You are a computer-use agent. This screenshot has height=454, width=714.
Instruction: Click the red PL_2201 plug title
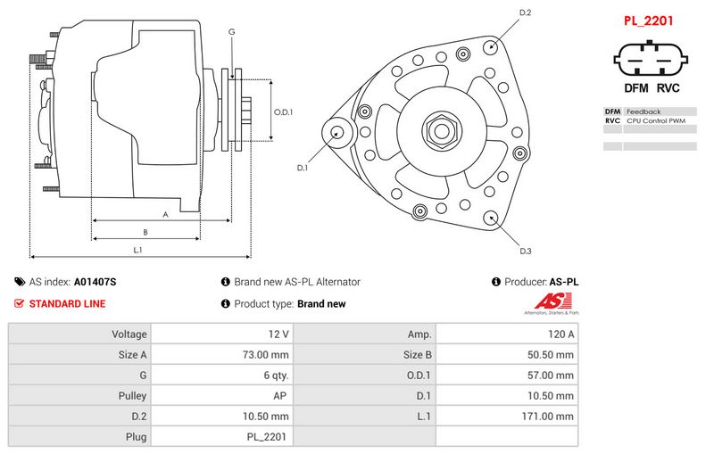coord(648,21)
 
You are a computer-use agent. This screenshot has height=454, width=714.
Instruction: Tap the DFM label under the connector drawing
coord(635,88)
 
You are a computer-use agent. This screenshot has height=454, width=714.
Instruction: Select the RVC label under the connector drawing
coord(668,88)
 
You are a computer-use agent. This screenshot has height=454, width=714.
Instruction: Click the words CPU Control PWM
coord(656,120)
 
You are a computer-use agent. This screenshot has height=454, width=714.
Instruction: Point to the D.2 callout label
coord(525,12)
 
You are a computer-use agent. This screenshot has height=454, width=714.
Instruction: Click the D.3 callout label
coord(525,251)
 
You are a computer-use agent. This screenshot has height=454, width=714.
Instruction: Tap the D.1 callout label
coord(303,168)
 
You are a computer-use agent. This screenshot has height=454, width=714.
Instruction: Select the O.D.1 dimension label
coord(283,111)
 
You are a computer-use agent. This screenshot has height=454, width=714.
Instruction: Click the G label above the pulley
coord(232,32)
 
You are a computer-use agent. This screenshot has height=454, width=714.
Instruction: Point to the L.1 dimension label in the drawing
coord(137,250)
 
